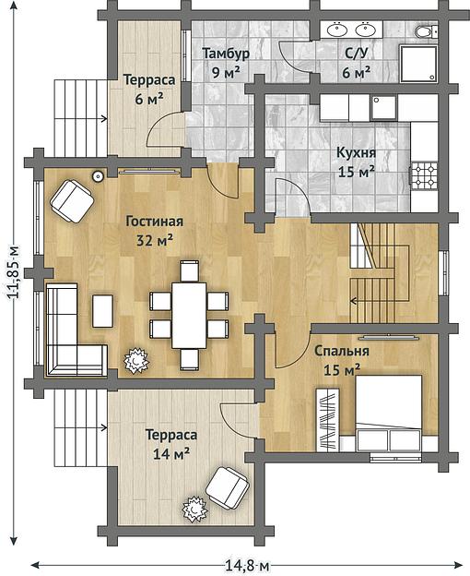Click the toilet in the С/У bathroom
[x=426, y=31]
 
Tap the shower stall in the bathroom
[x=418, y=64]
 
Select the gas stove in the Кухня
[x=424, y=175]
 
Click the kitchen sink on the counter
[x=383, y=108]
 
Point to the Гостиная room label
[x=154, y=222]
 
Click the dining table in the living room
[x=189, y=315]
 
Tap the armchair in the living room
[x=72, y=201]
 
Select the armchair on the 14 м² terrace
[x=228, y=487]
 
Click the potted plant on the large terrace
[x=195, y=509]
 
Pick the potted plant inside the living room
[x=136, y=361]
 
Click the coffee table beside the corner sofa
[x=102, y=311]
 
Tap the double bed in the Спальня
[x=388, y=413]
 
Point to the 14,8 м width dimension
[x=246, y=566]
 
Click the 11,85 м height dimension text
[x=15, y=270]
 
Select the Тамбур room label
[x=226, y=54]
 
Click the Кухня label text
[x=356, y=152]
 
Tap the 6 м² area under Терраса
[x=149, y=99]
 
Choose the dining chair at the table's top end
[x=190, y=270]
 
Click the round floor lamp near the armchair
[x=99, y=176]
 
